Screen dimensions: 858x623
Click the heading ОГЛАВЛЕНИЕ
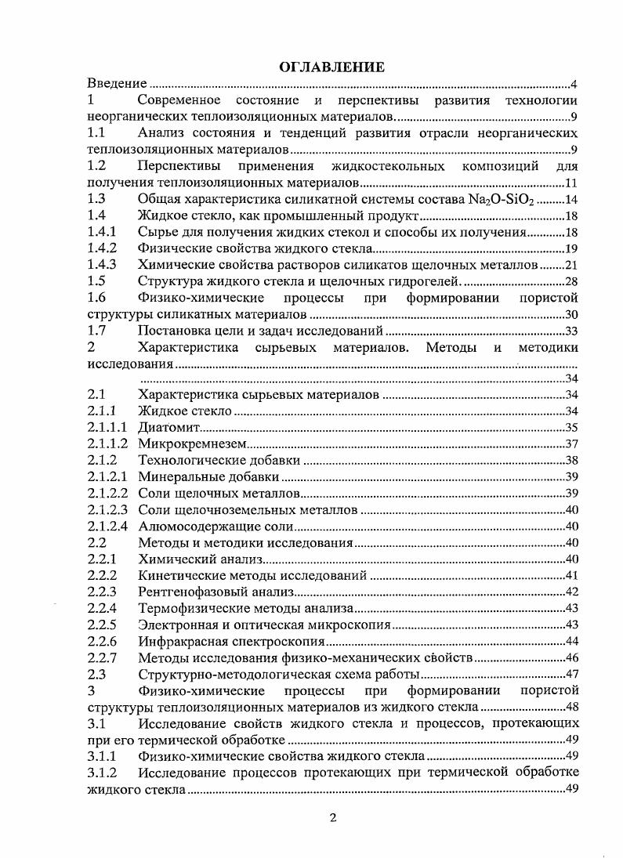(x=331, y=67)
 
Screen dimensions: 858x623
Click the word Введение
(x=118, y=84)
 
